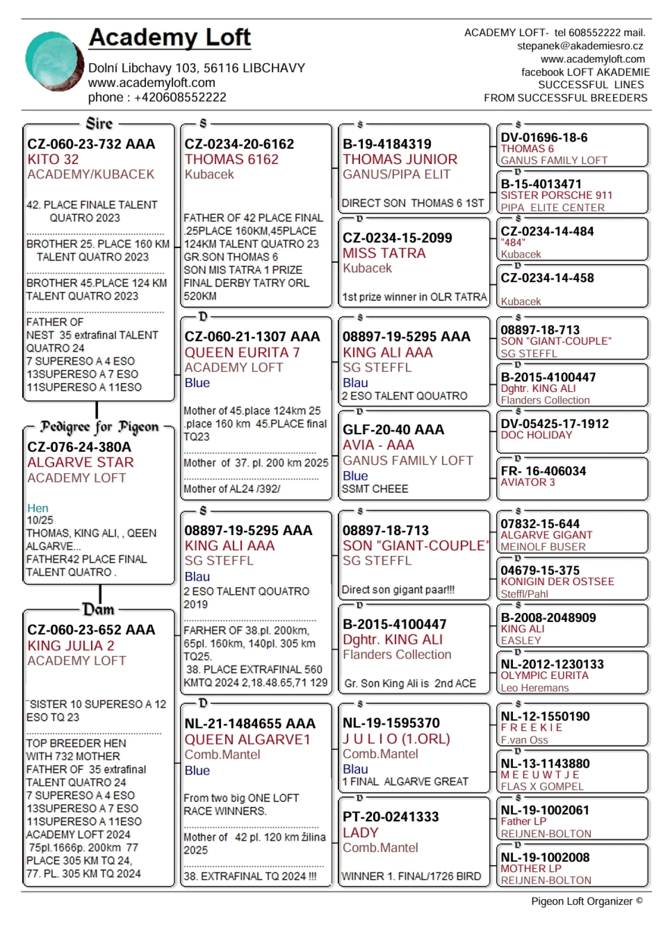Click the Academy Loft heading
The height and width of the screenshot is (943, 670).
pyautogui.click(x=170, y=38)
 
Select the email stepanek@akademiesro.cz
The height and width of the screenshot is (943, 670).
pyautogui.click(x=580, y=46)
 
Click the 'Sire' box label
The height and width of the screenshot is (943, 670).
pyautogui.click(x=99, y=124)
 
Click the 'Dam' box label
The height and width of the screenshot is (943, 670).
pyautogui.click(x=99, y=609)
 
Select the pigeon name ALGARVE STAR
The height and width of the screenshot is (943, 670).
pyautogui.click(x=81, y=463)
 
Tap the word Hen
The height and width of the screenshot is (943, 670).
pyautogui.click(x=38, y=508)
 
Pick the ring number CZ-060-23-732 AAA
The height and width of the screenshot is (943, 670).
pyautogui.click(x=91, y=144)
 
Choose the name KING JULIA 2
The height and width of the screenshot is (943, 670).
pyautogui.click(x=71, y=645)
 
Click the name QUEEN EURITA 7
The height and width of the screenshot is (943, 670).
pyautogui.click(x=242, y=353)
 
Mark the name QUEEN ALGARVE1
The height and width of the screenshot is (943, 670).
pyautogui.click(x=247, y=739)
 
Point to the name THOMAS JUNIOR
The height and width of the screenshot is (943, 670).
pyautogui.click(x=400, y=159)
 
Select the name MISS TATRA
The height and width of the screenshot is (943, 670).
pyautogui.click(x=384, y=253)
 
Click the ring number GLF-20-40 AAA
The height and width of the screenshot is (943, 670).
pyautogui.click(x=393, y=430)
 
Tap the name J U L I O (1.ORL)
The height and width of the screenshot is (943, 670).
pyautogui.click(x=396, y=738)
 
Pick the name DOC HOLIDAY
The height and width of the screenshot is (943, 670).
pyautogui.click(x=536, y=435)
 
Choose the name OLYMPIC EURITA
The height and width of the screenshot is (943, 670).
pyautogui.click(x=544, y=675)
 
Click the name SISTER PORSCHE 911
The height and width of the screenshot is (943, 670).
pyautogui.click(x=556, y=195)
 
